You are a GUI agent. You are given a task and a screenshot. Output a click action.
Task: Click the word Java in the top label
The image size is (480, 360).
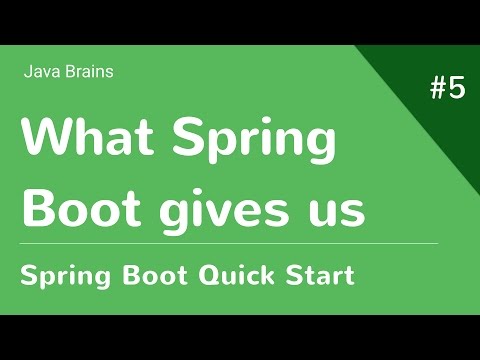[40, 71]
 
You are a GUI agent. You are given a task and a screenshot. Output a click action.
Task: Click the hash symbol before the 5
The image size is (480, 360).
[439, 89]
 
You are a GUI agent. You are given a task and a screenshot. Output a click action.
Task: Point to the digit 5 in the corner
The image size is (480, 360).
[457, 89]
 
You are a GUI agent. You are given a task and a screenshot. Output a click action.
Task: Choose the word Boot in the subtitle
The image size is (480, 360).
[145, 274]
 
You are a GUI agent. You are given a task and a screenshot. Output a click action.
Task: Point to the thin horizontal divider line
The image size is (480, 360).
[230, 243]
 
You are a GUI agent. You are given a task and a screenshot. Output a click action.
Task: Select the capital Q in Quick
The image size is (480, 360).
[201, 274]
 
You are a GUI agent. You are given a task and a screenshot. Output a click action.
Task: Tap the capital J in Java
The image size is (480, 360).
[26, 71]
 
